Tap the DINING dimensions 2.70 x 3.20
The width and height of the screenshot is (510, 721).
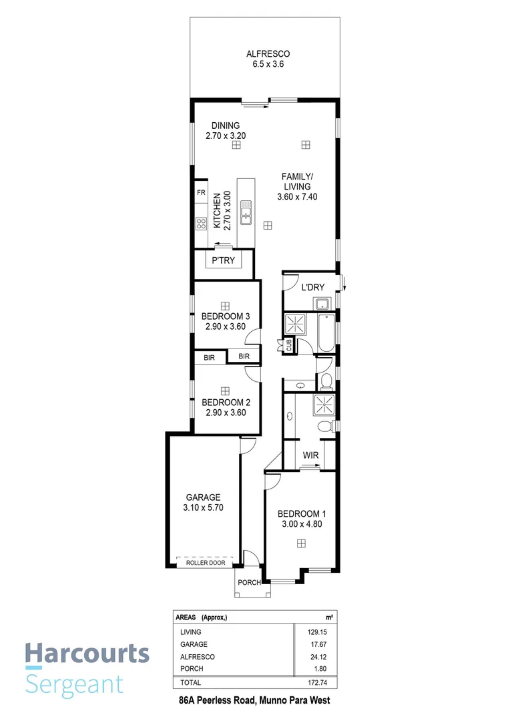tap(226, 136)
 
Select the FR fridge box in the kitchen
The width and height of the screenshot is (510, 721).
tap(200, 192)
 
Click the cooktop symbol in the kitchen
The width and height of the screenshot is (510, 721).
tap(201, 224)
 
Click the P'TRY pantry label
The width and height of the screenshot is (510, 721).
tap(223, 260)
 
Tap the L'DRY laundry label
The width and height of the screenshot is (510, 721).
tap(312, 288)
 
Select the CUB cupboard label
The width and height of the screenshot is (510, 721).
tap(288, 344)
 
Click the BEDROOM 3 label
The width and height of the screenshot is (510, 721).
tap(226, 316)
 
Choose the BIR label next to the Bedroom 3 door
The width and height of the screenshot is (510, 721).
tap(244, 356)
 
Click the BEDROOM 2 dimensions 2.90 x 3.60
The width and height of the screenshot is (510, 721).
tap(224, 413)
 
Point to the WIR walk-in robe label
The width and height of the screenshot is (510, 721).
tap(310, 455)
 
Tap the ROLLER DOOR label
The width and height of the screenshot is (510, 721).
tap(205, 563)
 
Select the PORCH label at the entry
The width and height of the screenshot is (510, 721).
tap(250, 582)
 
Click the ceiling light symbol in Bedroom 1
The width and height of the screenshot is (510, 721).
tap(302, 544)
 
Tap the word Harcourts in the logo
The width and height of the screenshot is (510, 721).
tap(87, 654)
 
